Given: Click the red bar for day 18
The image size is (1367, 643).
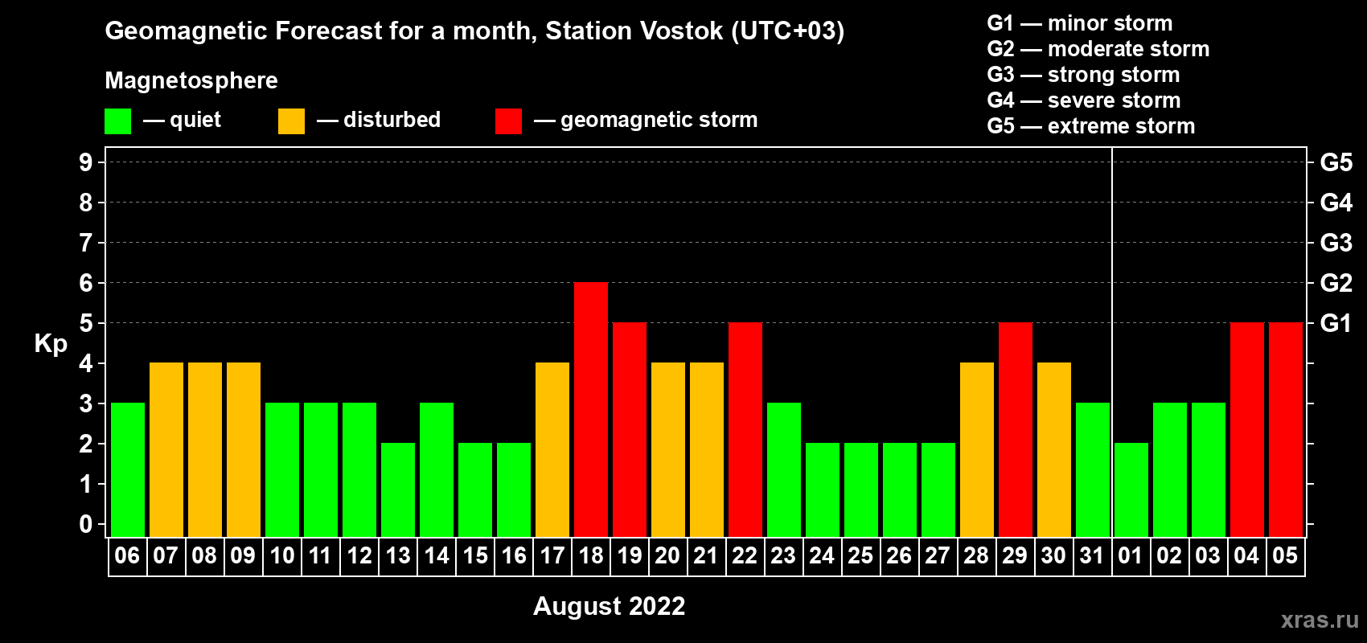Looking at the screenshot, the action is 591,409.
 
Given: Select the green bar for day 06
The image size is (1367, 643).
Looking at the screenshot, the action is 128,469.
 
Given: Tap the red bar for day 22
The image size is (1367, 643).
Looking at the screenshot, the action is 745,429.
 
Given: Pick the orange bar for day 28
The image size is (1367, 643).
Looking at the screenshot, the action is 976,449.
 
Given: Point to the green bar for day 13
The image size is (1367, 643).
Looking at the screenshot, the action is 398,489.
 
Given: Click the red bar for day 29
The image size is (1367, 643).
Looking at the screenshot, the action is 1016,429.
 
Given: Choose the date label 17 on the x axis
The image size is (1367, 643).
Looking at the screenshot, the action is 552,555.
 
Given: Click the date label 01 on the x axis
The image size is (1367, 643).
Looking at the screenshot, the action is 1131,555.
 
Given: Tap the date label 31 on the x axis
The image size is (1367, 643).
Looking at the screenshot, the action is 1092,555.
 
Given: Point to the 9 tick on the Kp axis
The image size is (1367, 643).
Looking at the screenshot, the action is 85,162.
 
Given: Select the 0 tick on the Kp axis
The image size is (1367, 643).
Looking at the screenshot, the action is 85,524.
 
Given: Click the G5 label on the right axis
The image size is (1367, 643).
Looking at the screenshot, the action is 1336,162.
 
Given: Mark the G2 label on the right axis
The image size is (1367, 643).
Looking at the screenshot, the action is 1336,282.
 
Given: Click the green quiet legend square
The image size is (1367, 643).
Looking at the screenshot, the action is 117,121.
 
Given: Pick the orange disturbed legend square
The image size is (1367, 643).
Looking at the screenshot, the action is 291,121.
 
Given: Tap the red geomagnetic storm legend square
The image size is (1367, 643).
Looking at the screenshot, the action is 508,121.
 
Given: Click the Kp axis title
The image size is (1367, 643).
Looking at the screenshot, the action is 51,344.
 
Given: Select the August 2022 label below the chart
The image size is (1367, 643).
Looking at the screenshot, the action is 609,606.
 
